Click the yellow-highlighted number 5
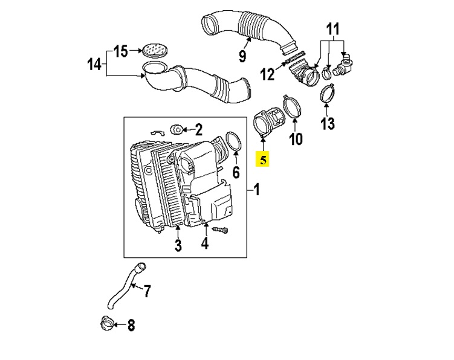263,160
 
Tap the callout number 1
256,190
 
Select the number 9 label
242,57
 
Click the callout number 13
327,124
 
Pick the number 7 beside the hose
147,292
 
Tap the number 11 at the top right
333,29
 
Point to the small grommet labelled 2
177,129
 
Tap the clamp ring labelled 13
326,94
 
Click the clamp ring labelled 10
291,108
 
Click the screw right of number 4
221,230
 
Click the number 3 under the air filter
178,245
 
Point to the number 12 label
267,74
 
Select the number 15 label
121,51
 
